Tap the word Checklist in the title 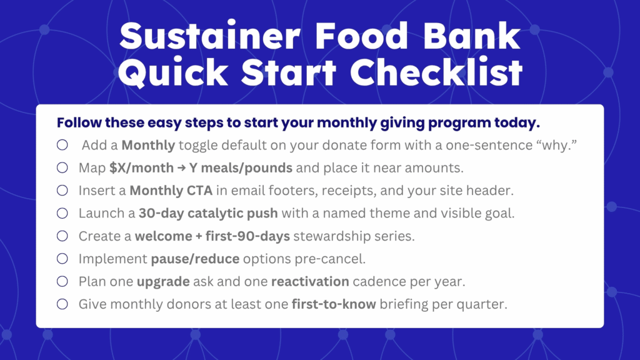pos(436,72)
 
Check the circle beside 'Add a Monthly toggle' pos(62,145)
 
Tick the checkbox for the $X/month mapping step pos(62,167)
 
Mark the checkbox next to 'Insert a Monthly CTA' pos(62,190)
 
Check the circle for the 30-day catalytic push pos(62,213)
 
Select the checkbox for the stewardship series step pos(62,236)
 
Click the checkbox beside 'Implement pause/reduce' pos(62,258)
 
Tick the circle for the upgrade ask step pos(62,281)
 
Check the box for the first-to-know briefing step pos(62,304)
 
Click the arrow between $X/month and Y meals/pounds pos(181,167)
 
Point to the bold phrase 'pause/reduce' pos(195,259)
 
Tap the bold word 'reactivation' pos(310,281)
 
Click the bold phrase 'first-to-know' pos(334,304)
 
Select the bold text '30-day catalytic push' pos(208,214)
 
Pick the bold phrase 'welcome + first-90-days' pos(212,236)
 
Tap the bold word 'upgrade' pos(163,282)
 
